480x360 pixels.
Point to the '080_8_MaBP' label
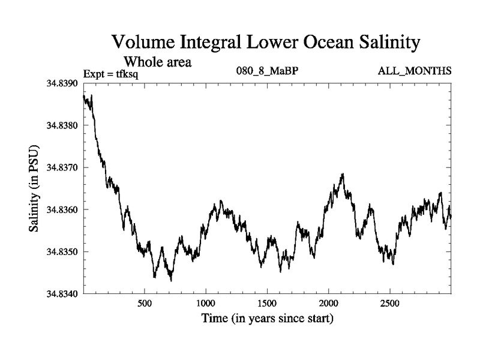tap(268, 71)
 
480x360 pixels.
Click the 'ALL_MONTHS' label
tap(414, 71)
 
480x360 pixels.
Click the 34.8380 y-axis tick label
tap(62, 125)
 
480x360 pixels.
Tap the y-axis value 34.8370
tap(62, 167)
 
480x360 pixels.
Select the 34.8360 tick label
tap(62, 209)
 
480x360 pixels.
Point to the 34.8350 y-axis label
tap(62, 252)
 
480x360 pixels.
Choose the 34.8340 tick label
tap(62, 294)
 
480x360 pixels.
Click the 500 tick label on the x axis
tap(145, 304)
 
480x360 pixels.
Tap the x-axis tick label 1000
tap(206, 304)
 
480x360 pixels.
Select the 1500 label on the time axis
tap(268, 304)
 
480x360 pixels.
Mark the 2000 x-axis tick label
tap(329, 304)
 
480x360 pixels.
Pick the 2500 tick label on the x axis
tap(390, 304)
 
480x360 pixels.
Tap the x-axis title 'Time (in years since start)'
tap(268, 319)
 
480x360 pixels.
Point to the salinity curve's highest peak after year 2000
tap(343, 174)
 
